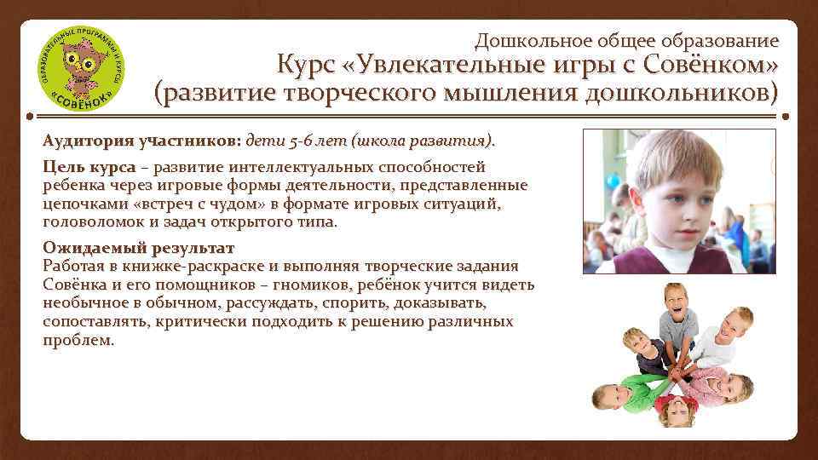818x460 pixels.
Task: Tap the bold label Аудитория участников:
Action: tap(142, 139)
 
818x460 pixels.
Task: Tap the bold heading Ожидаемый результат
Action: tap(138, 249)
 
